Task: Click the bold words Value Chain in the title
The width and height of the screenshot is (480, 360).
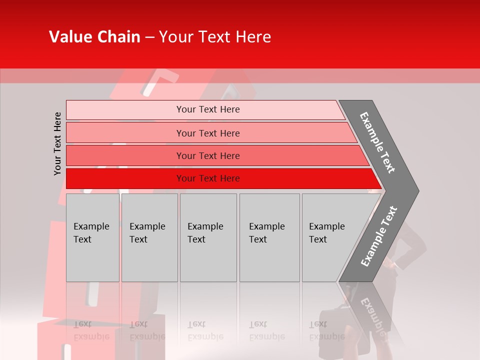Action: coord(94,36)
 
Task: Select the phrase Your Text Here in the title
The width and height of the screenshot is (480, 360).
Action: coord(215,36)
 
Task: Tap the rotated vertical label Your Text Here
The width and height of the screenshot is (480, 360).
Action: coord(57,143)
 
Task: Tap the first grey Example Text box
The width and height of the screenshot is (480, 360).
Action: coord(92,237)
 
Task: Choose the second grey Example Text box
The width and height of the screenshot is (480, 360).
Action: coord(149,237)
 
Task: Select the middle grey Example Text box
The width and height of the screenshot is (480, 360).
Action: coord(208,237)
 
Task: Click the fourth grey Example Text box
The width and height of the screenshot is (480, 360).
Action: coord(269,237)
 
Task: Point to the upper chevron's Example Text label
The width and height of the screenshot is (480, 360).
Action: coord(377,142)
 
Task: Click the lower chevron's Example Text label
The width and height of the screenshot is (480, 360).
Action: coord(378,236)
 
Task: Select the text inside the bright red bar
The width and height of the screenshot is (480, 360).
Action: coord(208,178)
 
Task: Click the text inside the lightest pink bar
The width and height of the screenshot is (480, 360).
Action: coord(208,109)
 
